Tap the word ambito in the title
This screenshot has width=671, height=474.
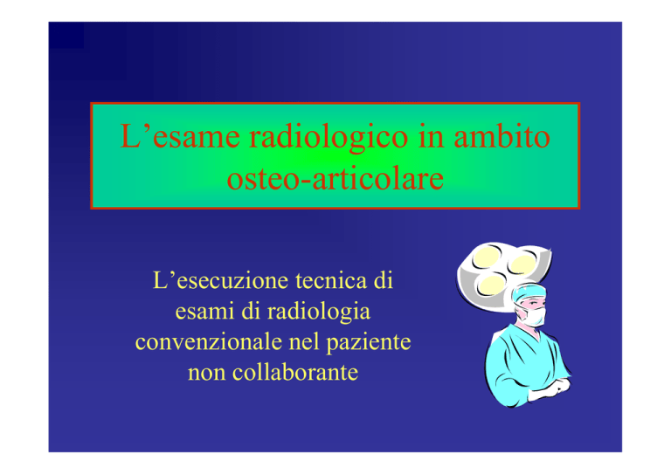502,136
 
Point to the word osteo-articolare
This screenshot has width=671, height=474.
335,178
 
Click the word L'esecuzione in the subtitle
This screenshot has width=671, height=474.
220,280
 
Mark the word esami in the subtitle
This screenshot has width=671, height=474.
204,311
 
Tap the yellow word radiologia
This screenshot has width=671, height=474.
318,313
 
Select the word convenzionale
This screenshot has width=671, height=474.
209,341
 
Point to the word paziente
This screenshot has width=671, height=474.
369,343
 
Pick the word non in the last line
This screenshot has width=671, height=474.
206,373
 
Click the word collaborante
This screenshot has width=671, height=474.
294,372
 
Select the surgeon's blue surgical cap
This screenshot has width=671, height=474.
529,293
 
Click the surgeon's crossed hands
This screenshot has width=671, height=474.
552,388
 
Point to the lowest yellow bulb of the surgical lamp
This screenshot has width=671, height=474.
491,285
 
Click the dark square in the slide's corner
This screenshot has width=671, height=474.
66,35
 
